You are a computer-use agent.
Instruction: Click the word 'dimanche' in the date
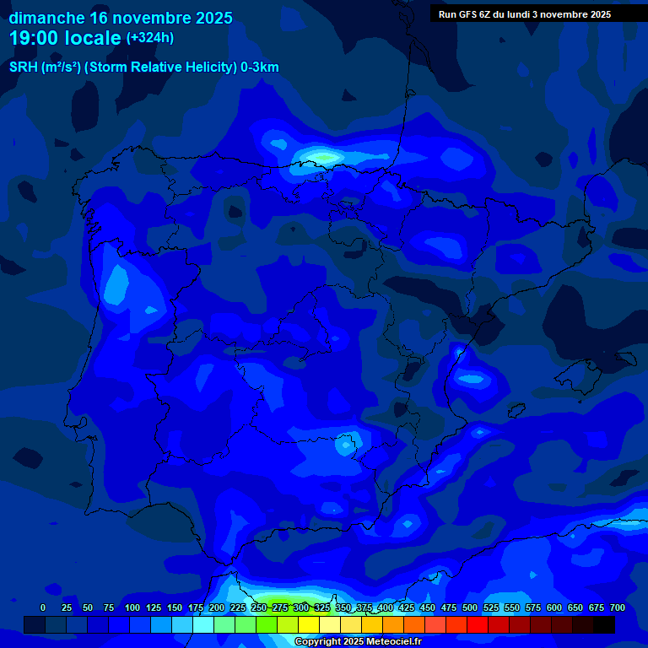pyautogui.click(x=46, y=18)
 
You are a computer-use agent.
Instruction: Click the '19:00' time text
pyautogui.click(x=36, y=38)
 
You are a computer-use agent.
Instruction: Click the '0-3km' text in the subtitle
pyautogui.click(x=260, y=67)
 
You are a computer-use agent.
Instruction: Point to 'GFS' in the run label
pyautogui.click(x=468, y=14)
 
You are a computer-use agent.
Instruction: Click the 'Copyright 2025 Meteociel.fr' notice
pyautogui.click(x=358, y=642)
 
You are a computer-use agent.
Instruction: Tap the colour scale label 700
pyautogui.click(x=617, y=607)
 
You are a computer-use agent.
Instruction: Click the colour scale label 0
pyautogui.click(x=43, y=607)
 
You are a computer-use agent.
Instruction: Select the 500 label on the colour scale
pyautogui.click(x=448, y=607)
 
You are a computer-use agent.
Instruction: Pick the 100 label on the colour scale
pyautogui.click(x=132, y=607)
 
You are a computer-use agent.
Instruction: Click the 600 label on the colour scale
pyautogui.click(x=532, y=607)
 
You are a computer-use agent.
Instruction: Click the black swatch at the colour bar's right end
pyautogui.click(x=604, y=624)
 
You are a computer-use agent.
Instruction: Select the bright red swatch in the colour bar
pyautogui.click(x=478, y=624)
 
